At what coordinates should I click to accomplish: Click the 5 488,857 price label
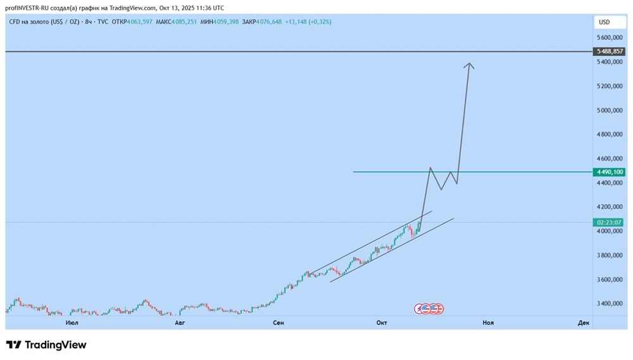tap(610, 51)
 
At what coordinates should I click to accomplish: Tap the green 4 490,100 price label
tap(610, 172)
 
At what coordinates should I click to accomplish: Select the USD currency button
tap(605, 22)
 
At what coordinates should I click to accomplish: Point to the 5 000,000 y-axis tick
tap(610, 111)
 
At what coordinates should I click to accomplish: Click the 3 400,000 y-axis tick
tap(610, 304)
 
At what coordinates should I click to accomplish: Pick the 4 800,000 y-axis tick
tap(610, 135)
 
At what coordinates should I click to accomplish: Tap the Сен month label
tap(279, 323)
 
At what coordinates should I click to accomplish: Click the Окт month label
tap(382, 323)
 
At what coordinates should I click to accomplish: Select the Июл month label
tap(72, 323)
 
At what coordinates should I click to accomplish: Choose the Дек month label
tap(584, 323)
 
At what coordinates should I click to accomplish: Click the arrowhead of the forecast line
tap(469, 65)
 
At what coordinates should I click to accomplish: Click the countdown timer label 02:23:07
tap(610, 223)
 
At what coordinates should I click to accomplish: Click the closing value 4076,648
tap(268, 22)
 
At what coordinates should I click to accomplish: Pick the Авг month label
tap(180, 323)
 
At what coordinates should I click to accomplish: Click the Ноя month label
tap(488, 323)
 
